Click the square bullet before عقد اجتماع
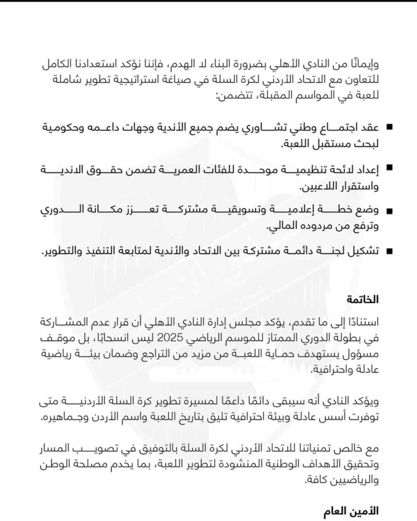coord(389,127)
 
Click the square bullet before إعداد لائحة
coord(389,168)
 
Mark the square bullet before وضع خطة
coord(389,211)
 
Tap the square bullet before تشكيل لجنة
coord(389,251)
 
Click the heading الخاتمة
coord(363,299)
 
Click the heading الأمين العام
coord(351,511)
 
